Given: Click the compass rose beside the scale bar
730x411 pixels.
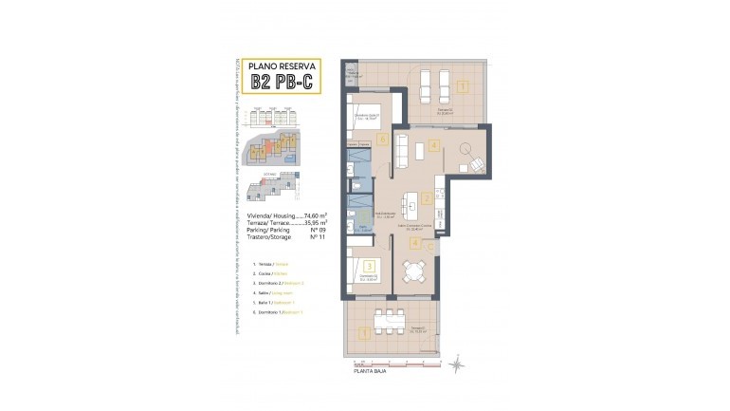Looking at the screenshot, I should coord(456,363).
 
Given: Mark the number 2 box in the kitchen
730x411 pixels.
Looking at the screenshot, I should coord(428,198).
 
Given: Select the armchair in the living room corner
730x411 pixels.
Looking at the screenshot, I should coord(475,164).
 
